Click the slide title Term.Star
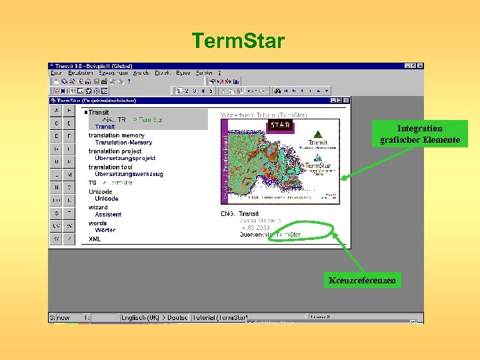click(238, 41)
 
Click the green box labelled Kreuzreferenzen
click(362, 281)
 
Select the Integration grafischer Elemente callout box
click(419, 134)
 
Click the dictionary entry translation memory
click(116, 135)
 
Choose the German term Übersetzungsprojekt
click(125, 159)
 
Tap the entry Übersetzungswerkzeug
click(129, 174)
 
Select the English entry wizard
click(98, 207)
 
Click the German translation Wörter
click(105, 230)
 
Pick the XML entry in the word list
click(95, 239)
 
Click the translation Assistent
click(108, 215)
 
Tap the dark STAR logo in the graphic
click(278, 125)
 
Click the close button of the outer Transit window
click(420, 66)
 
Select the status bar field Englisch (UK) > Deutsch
click(155, 318)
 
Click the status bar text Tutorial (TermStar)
click(220, 318)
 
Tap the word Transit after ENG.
click(249, 214)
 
